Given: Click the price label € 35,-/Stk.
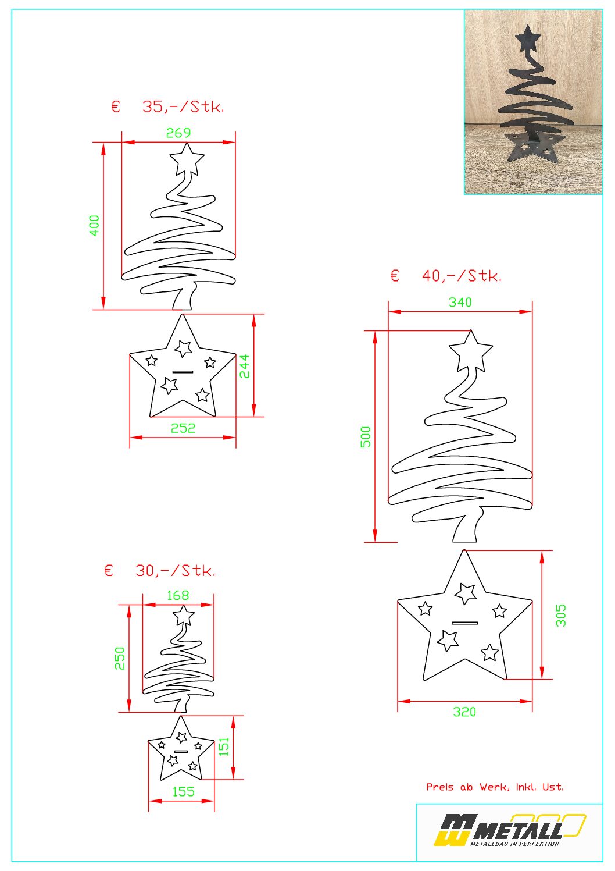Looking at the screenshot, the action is coord(167,106).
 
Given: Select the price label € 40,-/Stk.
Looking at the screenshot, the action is coord(446,276).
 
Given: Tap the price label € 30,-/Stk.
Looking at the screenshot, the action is coord(160,571).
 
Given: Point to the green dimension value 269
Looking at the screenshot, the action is coord(178,133).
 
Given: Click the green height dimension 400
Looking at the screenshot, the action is coord(94,225).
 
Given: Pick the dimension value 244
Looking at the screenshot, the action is coord(244,366).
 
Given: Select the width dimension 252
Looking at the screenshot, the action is coord(183,428).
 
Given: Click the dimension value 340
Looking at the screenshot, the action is coord(460,302).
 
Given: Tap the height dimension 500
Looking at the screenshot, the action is coord(366,437).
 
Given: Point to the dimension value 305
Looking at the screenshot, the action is coord(561,615).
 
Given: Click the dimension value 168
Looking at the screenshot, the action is coord(178,595).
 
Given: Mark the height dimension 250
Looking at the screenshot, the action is coord(120,658).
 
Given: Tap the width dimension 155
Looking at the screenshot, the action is coord(183,792).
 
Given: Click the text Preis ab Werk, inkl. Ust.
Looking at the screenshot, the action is coord(495,787).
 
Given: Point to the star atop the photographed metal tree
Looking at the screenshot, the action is coord(528,38).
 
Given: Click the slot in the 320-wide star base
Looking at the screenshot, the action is coord(464,623).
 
